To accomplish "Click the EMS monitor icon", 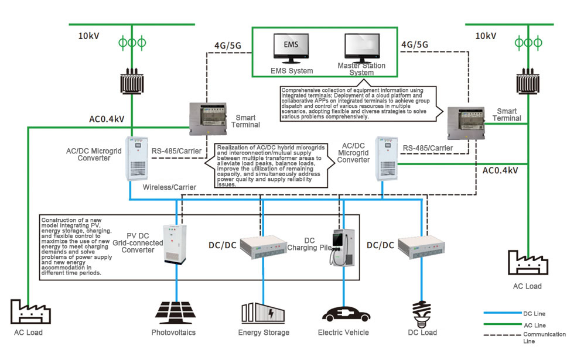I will pyautogui.click(x=291, y=49).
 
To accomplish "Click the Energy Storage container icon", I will pyautogui.click(x=263, y=313).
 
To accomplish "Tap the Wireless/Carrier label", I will pyautogui.click(x=169, y=187).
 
